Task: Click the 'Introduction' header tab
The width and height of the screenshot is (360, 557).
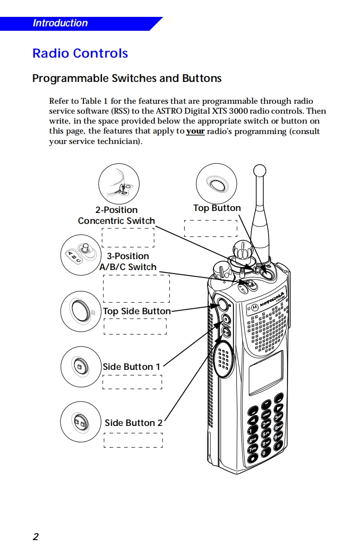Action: pos(60,23)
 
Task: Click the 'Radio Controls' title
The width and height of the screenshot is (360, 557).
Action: pos(80,54)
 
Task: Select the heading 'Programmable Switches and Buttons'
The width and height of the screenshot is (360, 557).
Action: pos(127,78)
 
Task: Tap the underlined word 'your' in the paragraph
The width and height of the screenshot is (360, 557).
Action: pos(195,132)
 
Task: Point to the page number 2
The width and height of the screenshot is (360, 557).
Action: pos(35,537)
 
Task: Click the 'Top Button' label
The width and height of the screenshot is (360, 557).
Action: pos(216,208)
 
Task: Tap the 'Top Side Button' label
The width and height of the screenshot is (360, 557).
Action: pos(137,311)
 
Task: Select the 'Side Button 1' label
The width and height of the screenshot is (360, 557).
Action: pos(131,367)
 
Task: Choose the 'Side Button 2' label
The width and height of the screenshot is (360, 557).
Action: pos(133,423)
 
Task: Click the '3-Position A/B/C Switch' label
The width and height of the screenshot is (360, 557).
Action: pos(128,262)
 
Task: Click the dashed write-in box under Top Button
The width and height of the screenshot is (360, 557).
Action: pos(211,228)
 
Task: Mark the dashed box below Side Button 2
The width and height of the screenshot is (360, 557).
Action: pos(133,440)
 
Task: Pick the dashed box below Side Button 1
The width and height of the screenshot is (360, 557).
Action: pos(132,382)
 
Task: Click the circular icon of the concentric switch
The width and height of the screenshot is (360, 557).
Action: pos(119,184)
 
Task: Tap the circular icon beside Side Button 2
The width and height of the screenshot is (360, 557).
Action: pos(80,422)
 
